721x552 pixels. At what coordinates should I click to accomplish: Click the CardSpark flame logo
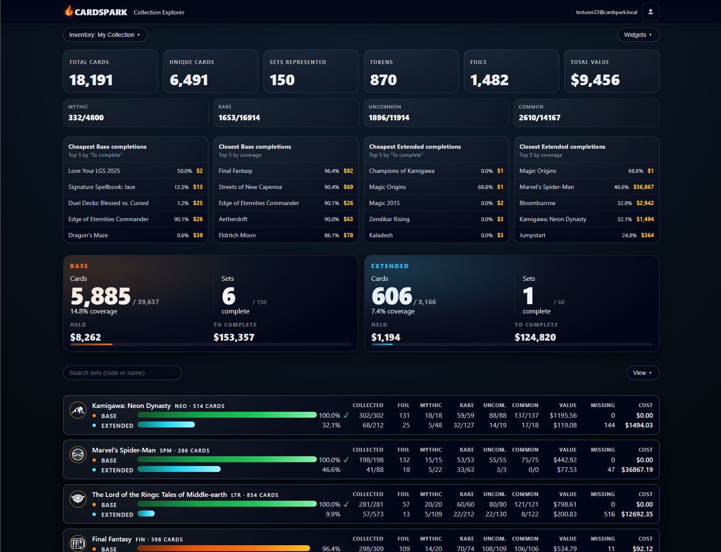click(69, 11)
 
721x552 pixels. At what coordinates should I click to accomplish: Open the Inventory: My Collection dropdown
click(105, 35)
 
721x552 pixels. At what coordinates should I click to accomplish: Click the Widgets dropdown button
click(638, 35)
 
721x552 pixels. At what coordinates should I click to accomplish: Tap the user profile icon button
click(650, 12)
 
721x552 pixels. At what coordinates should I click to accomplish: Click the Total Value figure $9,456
click(595, 80)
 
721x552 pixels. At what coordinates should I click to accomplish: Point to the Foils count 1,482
click(489, 80)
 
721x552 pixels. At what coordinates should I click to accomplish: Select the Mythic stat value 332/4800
click(86, 118)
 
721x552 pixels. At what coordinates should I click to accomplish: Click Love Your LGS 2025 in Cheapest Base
click(94, 171)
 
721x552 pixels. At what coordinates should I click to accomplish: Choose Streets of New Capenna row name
click(250, 187)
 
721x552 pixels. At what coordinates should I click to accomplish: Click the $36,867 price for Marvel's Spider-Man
click(643, 187)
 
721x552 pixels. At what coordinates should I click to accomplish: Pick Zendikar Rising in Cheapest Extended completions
click(389, 219)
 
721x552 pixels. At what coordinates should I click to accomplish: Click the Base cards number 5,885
click(101, 296)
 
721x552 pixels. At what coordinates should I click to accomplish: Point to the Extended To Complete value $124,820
click(535, 337)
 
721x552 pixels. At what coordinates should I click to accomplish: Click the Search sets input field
click(122, 373)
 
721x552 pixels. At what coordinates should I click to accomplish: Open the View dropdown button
click(642, 373)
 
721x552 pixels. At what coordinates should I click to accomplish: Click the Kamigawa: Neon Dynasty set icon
click(78, 410)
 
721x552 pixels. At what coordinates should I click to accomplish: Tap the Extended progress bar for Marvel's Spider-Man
click(179, 469)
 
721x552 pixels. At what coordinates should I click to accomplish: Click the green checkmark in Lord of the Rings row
click(346, 504)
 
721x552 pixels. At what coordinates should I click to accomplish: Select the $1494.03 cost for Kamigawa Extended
click(638, 425)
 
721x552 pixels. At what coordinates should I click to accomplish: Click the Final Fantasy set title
click(112, 539)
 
